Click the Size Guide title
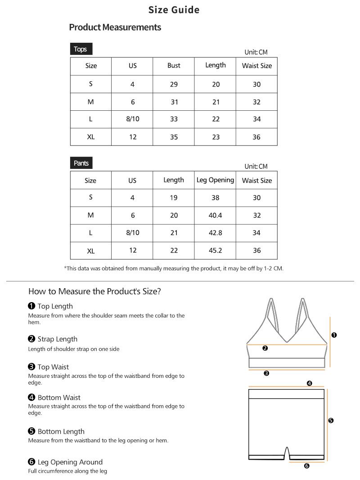(174, 10)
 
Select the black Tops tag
(81, 49)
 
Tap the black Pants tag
(81, 163)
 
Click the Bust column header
(174, 66)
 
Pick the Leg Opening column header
(215, 180)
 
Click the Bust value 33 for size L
(174, 119)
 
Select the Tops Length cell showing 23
(216, 137)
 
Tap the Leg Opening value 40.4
(215, 215)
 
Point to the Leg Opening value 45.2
(215, 250)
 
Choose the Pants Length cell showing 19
(174, 198)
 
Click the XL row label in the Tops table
(91, 137)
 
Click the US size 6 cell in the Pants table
(132, 215)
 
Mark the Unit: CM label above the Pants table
(256, 167)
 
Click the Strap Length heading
(57, 339)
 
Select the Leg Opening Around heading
(70, 462)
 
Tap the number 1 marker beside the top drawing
(334, 335)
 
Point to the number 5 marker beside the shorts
(331, 421)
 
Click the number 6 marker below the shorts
(307, 466)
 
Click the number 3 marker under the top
(266, 373)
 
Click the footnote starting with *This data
(174, 268)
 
